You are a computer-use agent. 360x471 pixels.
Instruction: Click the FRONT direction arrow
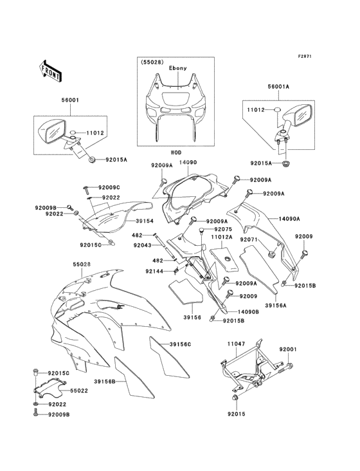[50, 71]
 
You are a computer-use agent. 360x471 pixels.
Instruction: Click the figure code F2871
[305, 56]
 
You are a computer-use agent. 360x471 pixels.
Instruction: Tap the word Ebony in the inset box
[177, 68]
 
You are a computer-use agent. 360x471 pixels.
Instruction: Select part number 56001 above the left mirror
[70, 100]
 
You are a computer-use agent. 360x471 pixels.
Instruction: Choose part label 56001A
[278, 86]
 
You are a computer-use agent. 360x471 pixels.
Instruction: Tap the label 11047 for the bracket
[236, 344]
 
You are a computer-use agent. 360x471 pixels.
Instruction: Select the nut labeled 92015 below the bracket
[235, 398]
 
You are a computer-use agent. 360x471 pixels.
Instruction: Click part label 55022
[79, 391]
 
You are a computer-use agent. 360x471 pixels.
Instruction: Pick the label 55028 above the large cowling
[82, 264]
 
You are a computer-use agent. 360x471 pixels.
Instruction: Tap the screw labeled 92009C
[85, 189]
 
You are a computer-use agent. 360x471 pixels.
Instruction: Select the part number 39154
[145, 221]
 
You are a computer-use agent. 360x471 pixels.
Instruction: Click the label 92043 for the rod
[143, 245]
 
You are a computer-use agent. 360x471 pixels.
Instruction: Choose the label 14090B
[249, 312]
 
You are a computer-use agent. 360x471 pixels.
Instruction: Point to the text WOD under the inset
[176, 152]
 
